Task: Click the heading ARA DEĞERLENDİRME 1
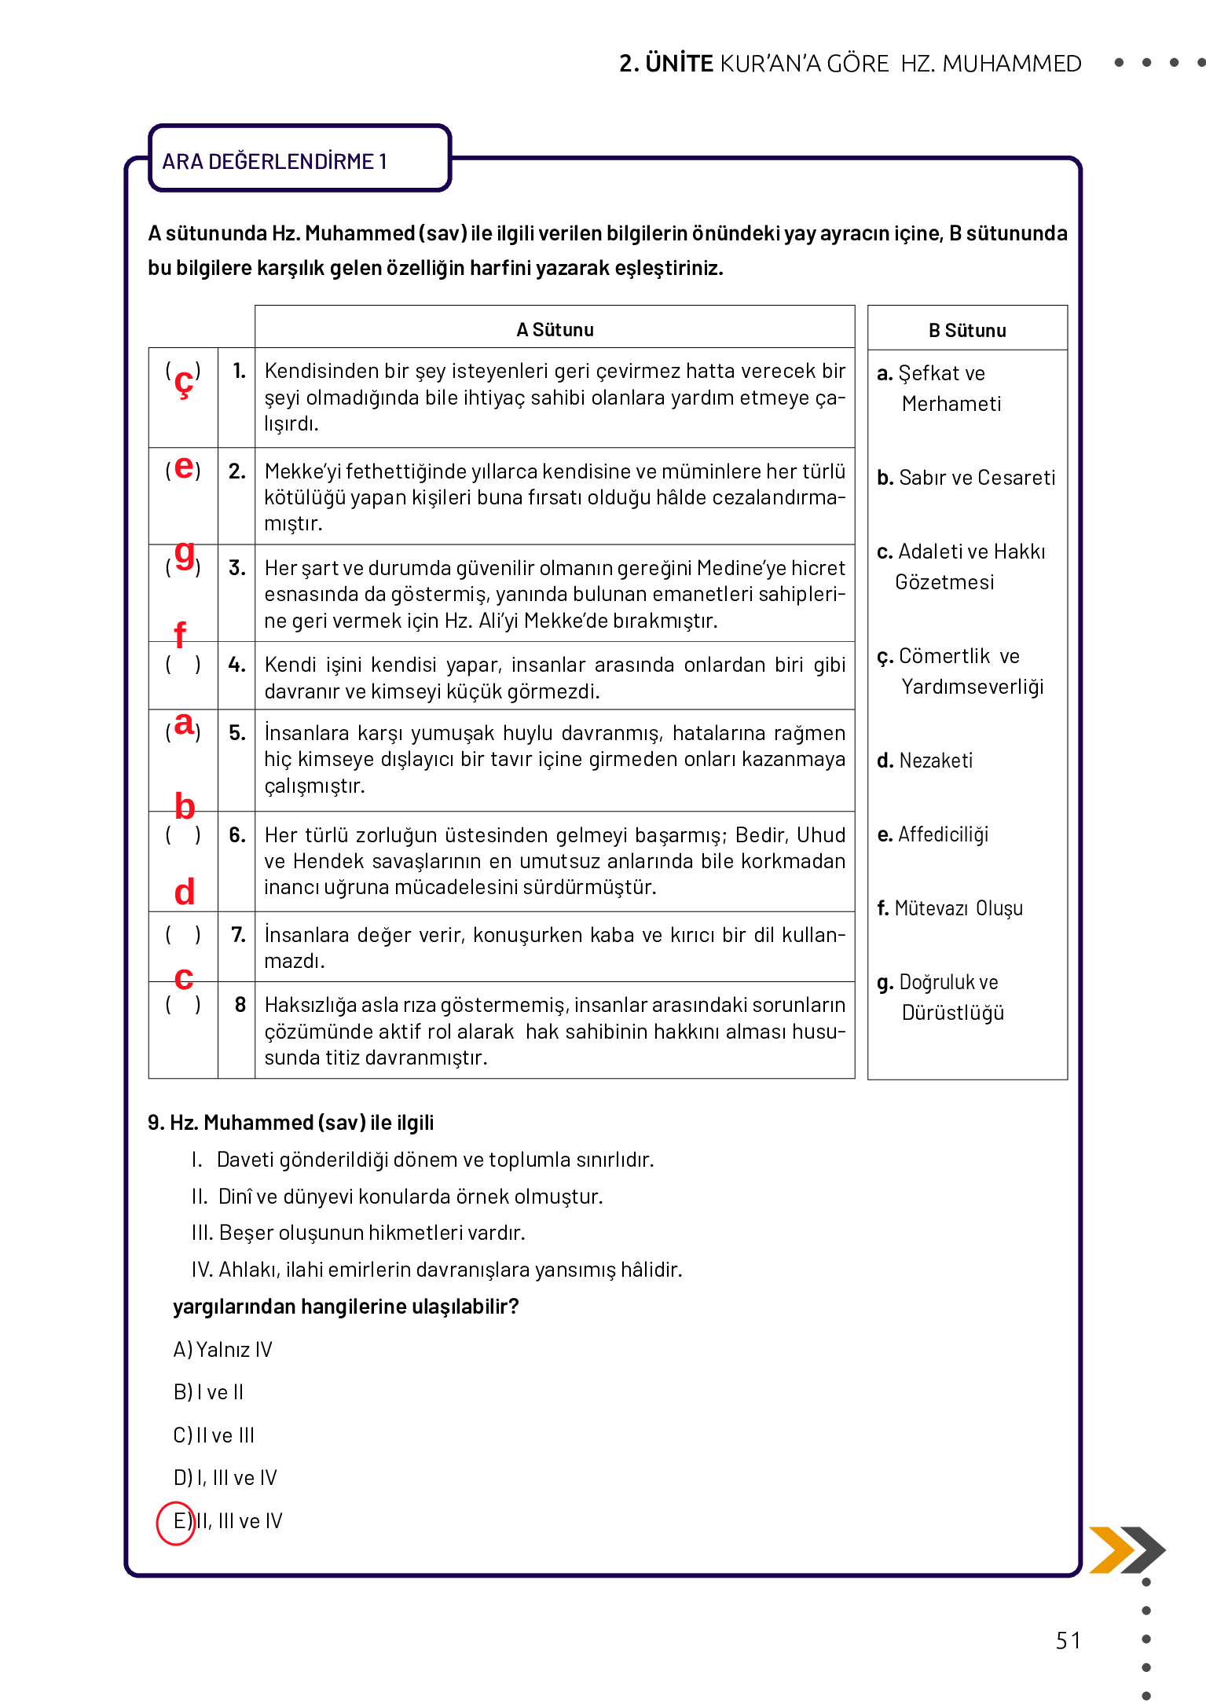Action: (274, 161)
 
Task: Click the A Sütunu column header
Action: (555, 329)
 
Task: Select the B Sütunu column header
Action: (967, 330)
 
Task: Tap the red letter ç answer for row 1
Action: (183, 382)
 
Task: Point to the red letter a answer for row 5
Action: (183, 724)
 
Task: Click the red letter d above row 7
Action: (184, 893)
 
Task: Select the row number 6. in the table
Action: (236, 834)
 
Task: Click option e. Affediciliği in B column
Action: (933, 834)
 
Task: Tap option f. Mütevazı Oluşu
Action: (950, 907)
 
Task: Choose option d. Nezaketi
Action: (926, 760)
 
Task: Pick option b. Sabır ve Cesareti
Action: (966, 477)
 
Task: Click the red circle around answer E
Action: (176, 1523)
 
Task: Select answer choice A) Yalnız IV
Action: (222, 1349)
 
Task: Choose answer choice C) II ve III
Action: (214, 1435)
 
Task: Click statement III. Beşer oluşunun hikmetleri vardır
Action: (358, 1232)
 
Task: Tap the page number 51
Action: (1068, 1641)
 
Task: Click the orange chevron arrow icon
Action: (1110, 1549)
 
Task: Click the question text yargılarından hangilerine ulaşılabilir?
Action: (346, 1306)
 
